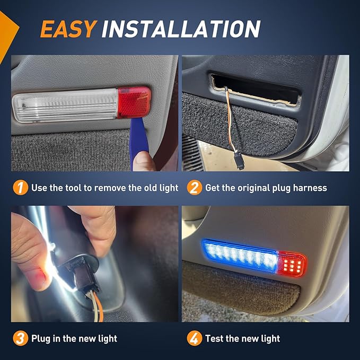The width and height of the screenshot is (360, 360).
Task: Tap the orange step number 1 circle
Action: tap(20, 188)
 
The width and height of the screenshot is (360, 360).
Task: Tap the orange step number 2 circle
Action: tap(195, 188)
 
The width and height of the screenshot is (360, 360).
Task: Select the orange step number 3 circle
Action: tap(20, 338)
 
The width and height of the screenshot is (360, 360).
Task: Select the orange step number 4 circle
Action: tap(195, 338)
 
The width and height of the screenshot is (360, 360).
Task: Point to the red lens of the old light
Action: tap(134, 101)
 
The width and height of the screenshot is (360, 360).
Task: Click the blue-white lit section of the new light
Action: tap(242, 256)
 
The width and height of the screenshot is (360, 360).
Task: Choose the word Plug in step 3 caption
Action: tap(42, 338)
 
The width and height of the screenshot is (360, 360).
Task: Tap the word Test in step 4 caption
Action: tap(216, 338)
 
